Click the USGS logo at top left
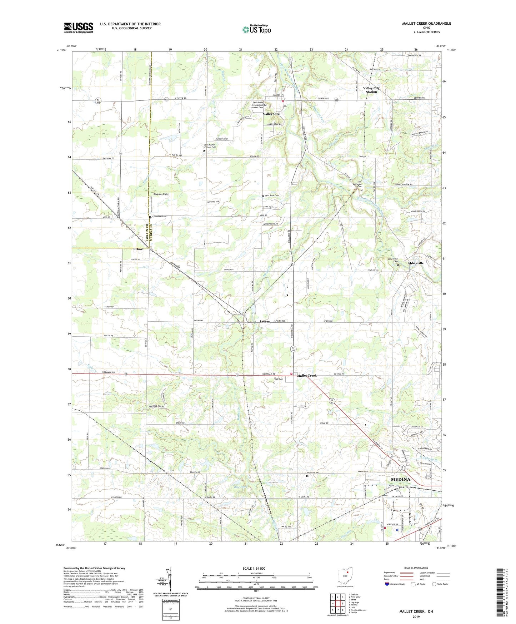[x=79, y=28]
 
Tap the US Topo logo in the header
[x=256, y=29]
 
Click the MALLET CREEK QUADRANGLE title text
[x=426, y=24]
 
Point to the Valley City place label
[x=271, y=114]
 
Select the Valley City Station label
[x=371, y=90]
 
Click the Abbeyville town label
[x=416, y=263]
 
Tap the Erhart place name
[x=138, y=249]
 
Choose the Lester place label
[x=265, y=321]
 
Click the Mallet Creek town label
[x=307, y=376]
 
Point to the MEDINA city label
[x=400, y=479]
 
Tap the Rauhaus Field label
[x=161, y=194]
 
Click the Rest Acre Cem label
[x=272, y=195]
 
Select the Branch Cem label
[x=313, y=473]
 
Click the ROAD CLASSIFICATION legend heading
[x=416, y=568]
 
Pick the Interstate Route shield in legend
[x=387, y=584]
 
